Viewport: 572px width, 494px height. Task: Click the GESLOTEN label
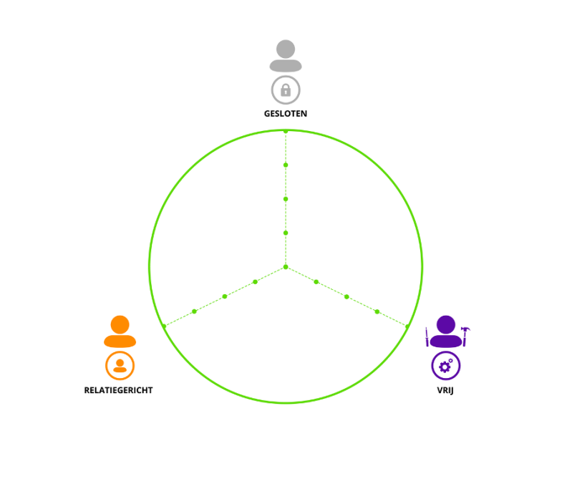(285, 114)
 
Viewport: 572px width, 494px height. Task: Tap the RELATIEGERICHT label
(118, 390)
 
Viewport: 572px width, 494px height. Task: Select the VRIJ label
(445, 390)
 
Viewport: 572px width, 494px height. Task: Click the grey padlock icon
(286, 89)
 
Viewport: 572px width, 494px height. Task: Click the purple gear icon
(446, 366)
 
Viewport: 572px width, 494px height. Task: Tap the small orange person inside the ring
(120, 366)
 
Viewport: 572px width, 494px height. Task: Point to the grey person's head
(286, 49)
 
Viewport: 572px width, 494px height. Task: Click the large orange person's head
(120, 325)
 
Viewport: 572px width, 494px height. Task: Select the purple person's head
(446, 325)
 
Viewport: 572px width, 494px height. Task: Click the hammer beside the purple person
(465, 336)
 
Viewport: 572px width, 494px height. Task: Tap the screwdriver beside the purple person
(427, 336)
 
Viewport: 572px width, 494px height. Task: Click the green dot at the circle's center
(286, 267)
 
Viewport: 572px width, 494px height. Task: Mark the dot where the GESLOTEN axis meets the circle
(286, 131)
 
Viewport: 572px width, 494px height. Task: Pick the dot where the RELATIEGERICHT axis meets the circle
(164, 326)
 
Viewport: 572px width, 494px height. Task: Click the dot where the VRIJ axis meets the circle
(407, 326)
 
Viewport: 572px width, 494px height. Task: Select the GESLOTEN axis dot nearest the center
(286, 233)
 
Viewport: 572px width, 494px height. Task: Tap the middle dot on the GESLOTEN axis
(286, 199)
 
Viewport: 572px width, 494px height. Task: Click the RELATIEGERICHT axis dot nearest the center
(255, 281)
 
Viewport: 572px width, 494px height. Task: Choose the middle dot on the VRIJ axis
(346, 296)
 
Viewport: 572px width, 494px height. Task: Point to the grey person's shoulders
(286, 66)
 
